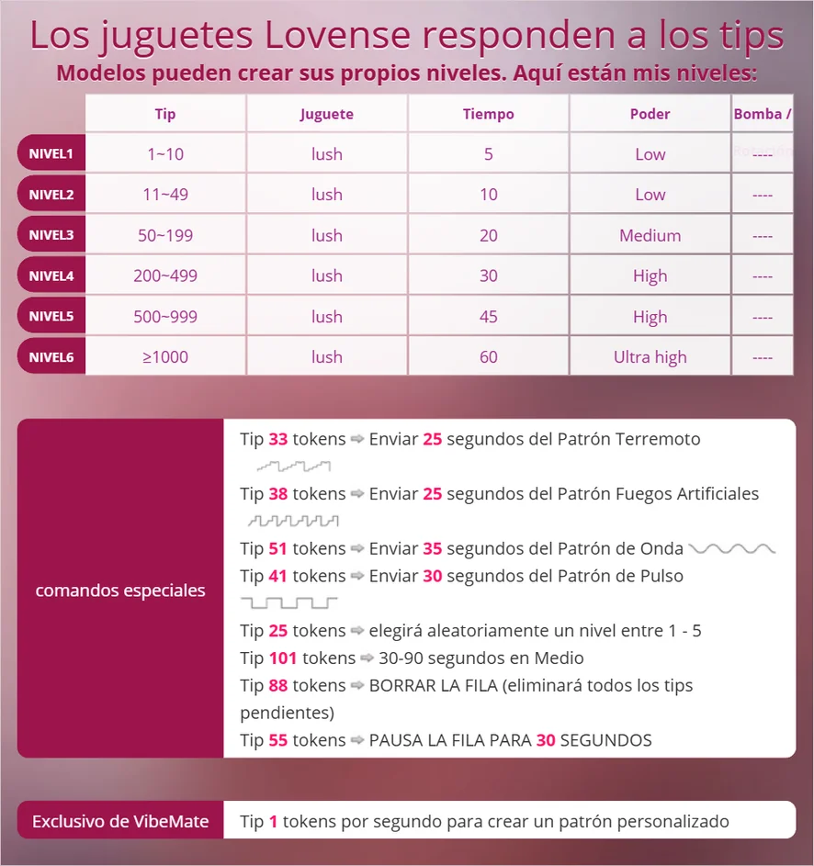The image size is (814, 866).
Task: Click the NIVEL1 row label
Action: (x=51, y=153)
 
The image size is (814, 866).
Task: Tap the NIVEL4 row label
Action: (x=51, y=276)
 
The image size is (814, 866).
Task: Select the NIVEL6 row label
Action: (x=51, y=357)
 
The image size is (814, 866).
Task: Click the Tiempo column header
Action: (x=488, y=114)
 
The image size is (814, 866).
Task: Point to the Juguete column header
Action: (x=326, y=114)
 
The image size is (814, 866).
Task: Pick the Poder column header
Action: (x=650, y=114)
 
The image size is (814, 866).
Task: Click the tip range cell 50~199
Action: (x=165, y=235)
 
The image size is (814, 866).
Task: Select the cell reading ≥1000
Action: (x=165, y=357)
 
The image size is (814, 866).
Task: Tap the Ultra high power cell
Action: (x=650, y=357)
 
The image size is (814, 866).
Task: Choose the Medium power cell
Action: (x=650, y=235)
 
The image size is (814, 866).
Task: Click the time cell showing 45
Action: (x=488, y=317)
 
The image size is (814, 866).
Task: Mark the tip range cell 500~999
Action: (x=165, y=317)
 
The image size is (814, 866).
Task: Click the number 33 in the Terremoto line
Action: (x=278, y=440)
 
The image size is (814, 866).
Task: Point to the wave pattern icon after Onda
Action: (x=732, y=549)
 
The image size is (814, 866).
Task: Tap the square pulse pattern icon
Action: (x=288, y=603)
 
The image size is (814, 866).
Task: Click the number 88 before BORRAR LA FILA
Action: (x=278, y=686)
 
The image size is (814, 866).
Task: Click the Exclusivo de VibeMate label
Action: (x=120, y=821)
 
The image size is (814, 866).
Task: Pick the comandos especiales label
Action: (x=120, y=590)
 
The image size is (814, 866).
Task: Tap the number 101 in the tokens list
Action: (x=283, y=658)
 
